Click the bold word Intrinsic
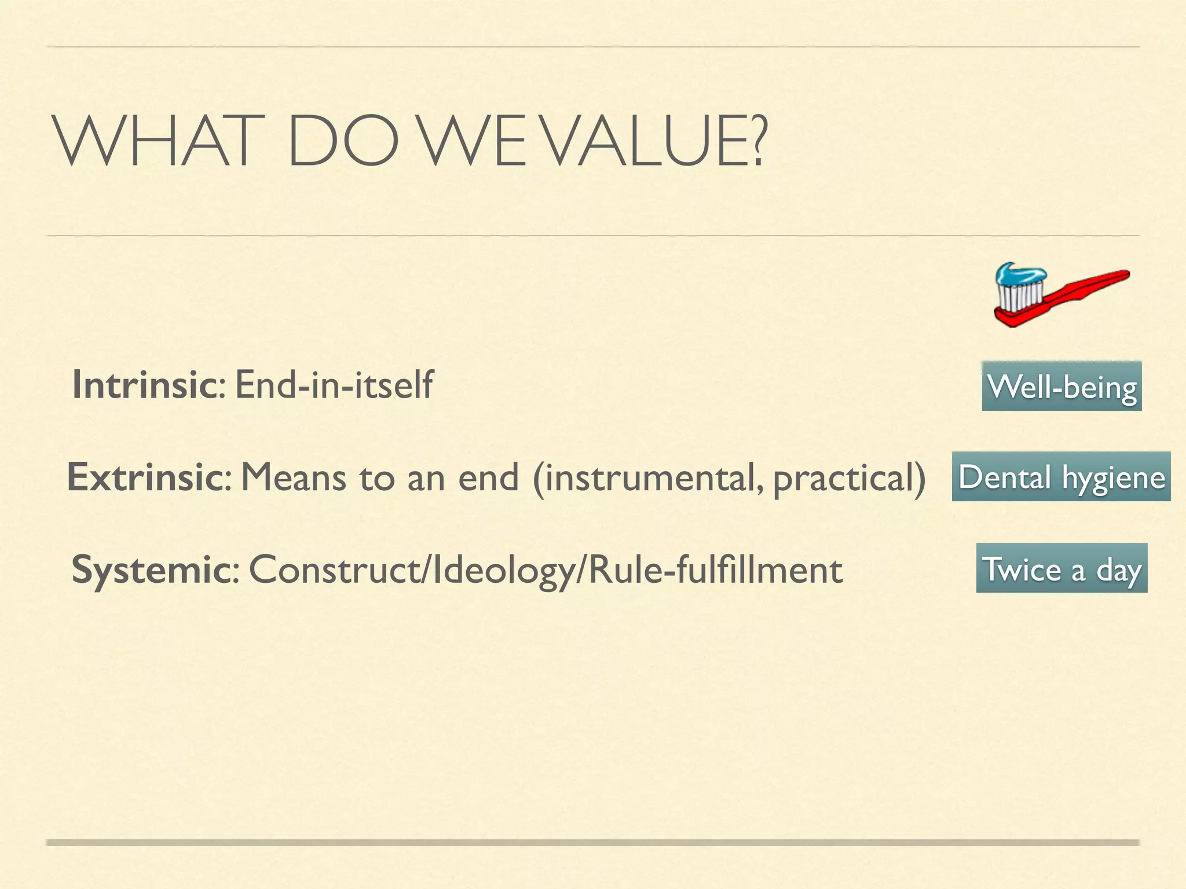(x=144, y=384)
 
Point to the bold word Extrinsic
(x=145, y=477)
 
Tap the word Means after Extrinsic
(x=293, y=478)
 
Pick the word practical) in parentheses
(x=849, y=478)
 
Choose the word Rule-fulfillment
(x=715, y=570)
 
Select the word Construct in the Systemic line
(x=336, y=570)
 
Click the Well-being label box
(x=1061, y=386)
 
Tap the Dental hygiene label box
(x=1061, y=476)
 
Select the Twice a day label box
(x=1061, y=568)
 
